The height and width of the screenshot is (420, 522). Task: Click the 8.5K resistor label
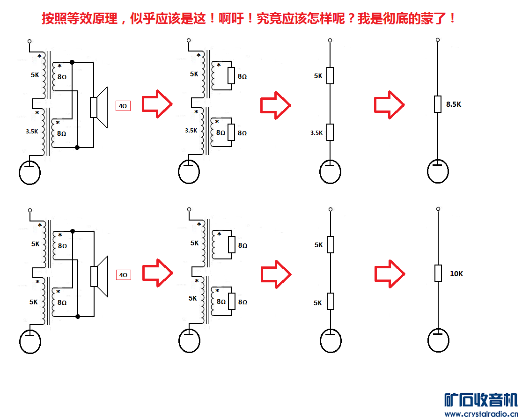click(x=454, y=104)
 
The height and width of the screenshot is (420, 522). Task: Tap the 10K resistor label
click(x=456, y=274)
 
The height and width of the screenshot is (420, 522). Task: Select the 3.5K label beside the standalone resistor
click(x=316, y=133)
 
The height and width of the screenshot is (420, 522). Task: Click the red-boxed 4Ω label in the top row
click(x=123, y=106)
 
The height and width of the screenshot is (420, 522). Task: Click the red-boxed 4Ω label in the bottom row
click(x=123, y=275)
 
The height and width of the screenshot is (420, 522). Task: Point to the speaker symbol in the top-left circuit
click(x=99, y=107)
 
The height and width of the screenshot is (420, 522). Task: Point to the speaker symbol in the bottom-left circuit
click(x=99, y=276)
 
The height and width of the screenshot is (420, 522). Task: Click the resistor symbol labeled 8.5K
click(x=438, y=104)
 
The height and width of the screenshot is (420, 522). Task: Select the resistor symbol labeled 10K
click(x=438, y=273)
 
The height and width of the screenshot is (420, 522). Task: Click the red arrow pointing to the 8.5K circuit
click(x=389, y=104)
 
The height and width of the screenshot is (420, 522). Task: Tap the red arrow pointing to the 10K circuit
click(x=390, y=274)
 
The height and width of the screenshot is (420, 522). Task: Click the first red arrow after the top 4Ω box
click(x=157, y=104)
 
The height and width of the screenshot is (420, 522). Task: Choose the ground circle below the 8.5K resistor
click(x=438, y=171)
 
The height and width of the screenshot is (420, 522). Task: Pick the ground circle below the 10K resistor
click(x=438, y=340)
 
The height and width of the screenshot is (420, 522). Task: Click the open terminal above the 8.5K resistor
click(x=438, y=40)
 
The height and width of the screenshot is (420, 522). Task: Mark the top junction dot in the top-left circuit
click(x=72, y=62)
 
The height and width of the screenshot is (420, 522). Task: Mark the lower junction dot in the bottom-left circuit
click(x=78, y=317)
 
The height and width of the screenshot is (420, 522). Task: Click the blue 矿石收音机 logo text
click(x=481, y=400)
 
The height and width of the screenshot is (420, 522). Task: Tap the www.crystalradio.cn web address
click(x=481, y=414)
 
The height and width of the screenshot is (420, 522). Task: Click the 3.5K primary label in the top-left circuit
click(x=32, y=131)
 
